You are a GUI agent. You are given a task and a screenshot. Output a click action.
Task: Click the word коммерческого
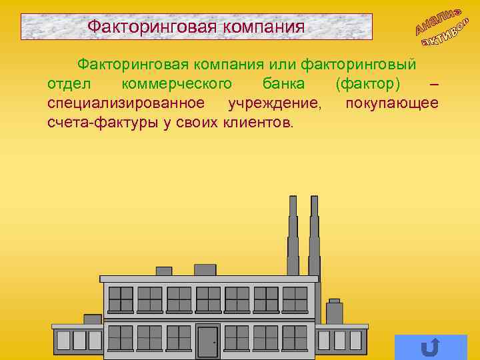[178, 84]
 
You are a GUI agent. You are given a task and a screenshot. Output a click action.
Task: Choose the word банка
[283, 84]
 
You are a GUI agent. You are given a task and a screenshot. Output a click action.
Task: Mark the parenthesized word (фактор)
[369, 84]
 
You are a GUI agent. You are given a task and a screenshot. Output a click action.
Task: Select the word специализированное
[126, 103]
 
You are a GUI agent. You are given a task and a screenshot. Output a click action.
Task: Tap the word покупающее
[392, 103]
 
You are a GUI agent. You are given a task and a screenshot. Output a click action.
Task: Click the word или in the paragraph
[283, 65]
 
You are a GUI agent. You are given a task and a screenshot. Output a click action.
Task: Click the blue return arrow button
[431, 347]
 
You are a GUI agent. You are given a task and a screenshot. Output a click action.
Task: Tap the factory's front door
[207, 341]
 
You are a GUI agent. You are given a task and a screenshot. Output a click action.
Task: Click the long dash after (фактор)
[434, 85]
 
